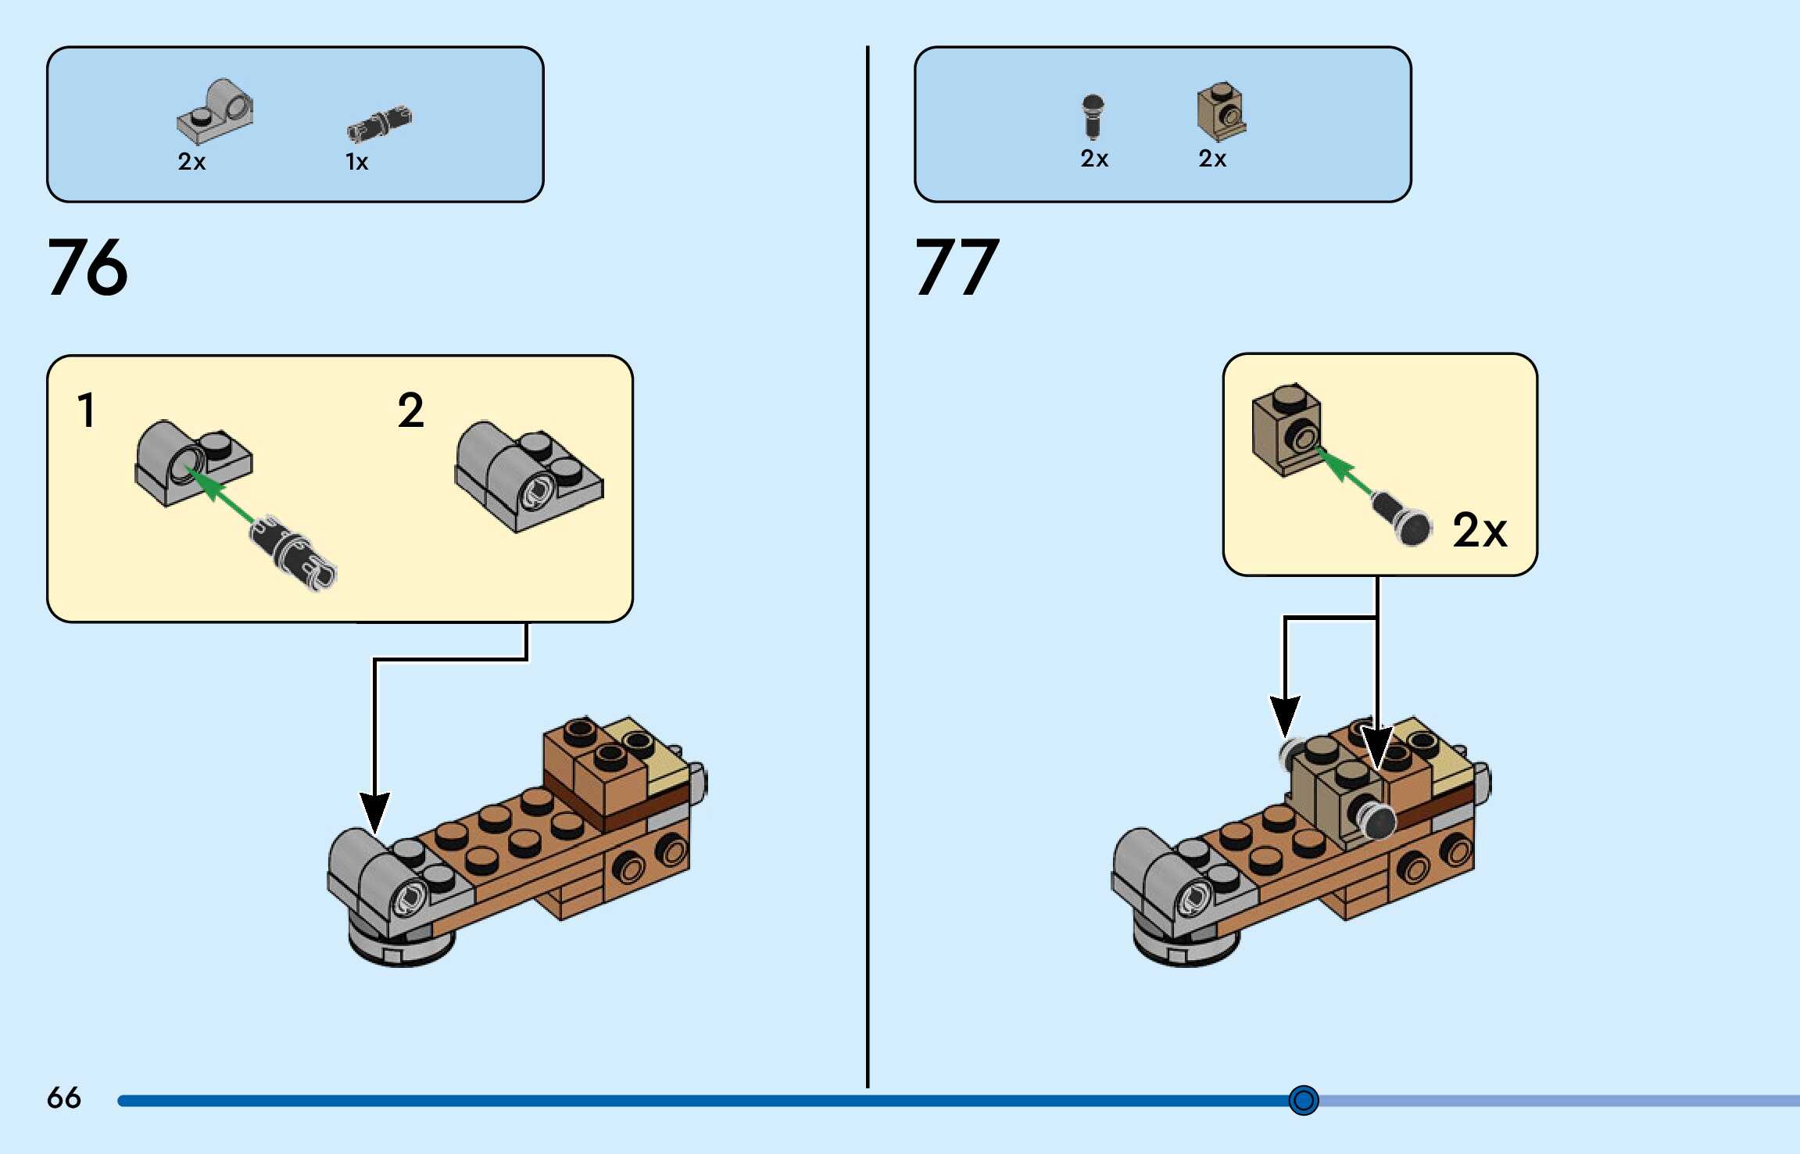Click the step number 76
(x=88, y=267)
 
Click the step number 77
(x=957, y=267)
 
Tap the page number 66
(x=63, y=1098)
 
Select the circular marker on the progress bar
(x=1303, y=1100)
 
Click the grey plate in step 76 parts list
(x=215, y=113)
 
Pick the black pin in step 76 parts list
(x=379, y=124)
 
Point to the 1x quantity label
(x=356, y=162)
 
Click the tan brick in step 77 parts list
(x=1221, y=112)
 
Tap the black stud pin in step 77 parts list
(x=1093, y=116)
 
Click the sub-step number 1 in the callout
(x=86, y=410)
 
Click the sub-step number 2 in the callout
(x=411, y=410)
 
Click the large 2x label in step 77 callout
(x=1479, y=531)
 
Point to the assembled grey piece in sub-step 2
(x=528, y=477)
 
